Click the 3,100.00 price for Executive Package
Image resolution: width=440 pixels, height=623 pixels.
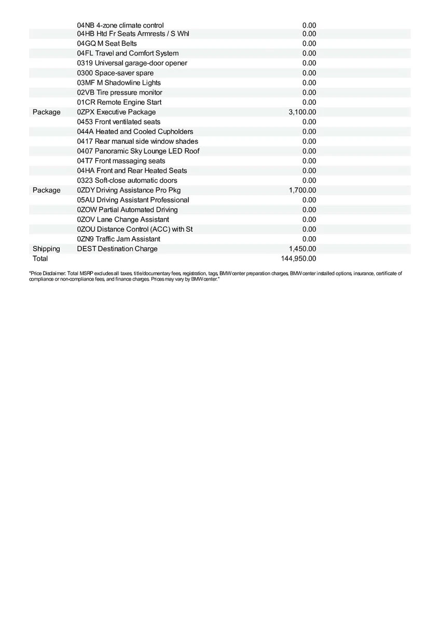pos(302,112)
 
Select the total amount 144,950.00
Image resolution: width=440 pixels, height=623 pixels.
pos(298,259)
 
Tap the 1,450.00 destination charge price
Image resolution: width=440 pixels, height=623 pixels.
pos(302,249)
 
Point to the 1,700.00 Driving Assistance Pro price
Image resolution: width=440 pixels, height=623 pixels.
pos(302,190)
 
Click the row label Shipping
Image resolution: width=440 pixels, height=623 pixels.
pos(46,249)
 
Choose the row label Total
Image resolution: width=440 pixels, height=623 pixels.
pos(40,259)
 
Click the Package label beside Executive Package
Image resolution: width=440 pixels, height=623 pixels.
pos(46,112)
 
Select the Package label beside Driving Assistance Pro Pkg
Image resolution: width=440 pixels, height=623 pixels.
pos(46,190)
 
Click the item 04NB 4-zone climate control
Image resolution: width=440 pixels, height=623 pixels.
pos(120,25)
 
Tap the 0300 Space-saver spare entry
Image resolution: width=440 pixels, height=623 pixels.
pos(115,73)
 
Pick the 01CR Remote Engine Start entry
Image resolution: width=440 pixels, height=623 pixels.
pos(119,102)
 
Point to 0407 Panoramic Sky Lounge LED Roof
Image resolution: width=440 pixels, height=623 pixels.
pos(138,151)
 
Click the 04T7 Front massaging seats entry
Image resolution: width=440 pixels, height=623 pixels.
pos(121,161)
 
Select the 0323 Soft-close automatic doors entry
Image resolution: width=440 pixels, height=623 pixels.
pos(127,180)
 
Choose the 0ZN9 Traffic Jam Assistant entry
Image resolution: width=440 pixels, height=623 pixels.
pos(118,239)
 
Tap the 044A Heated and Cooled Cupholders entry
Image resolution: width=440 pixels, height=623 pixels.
pos(135,131)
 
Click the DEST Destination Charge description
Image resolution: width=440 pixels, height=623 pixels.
pos(117,249)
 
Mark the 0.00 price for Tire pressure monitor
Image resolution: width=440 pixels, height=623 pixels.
pos(309,92)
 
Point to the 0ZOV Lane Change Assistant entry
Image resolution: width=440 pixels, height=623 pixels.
pos(123,220)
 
